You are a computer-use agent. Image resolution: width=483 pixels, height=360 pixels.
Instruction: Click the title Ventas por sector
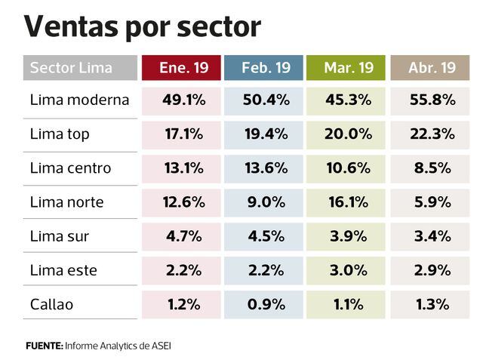pyautogui.click(x=143, y=26)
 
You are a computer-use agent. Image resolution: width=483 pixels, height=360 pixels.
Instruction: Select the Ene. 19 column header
pyautogui.click(x=181, y=68)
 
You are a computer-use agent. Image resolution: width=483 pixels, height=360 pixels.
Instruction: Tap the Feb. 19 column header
pyautogui.click(x=266, y=68)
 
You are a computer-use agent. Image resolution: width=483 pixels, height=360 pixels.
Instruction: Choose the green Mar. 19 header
pyautogui.click(x=348, y=68)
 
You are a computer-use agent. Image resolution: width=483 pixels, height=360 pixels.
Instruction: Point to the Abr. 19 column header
pyautogui.click(x=432, y=68)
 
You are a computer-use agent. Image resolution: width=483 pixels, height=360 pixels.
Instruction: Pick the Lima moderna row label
pyautogui.click(x=79, y=100)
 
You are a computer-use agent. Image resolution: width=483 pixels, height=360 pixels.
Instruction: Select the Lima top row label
pyautogui.click(x=60, y=134)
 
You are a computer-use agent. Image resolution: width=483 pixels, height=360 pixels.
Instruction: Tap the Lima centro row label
pyautogui.click(x=70, y=168)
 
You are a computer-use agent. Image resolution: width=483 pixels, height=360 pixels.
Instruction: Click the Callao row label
pyautogui.click(x=52, y=304)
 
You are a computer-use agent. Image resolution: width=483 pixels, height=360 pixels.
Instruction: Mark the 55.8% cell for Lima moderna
pyautogui.click(x=432, y=100)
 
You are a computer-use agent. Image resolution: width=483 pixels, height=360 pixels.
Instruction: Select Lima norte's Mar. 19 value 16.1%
pyautogui.click(x=348, y=202)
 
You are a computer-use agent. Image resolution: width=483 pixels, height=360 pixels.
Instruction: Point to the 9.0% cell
pyautogui.click(x=266, y=202)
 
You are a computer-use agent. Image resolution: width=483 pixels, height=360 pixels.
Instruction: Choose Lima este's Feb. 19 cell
pyautogui.click(x=266, y=270)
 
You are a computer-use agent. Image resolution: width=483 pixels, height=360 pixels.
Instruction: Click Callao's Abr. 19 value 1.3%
pyautogui.click(x=432, y=304)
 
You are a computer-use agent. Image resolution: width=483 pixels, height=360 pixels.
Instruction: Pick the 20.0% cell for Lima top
pyautogui.click(x=348, y=134)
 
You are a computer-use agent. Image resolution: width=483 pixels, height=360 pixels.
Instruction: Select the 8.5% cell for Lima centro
pyautogui.click(x=432, y=168)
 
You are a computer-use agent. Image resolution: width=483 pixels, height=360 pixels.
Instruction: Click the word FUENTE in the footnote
pyautogui.click(x=43, y=345)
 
